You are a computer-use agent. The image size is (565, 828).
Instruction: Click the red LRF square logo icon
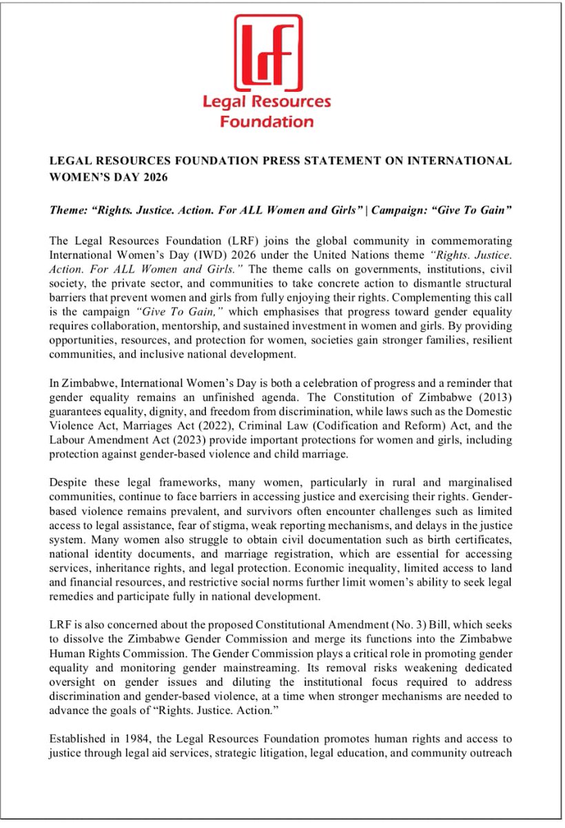pyautogui.click(x=267, y=52)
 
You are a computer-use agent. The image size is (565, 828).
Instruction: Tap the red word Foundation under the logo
pyautogui.click(x=267, y=122)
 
